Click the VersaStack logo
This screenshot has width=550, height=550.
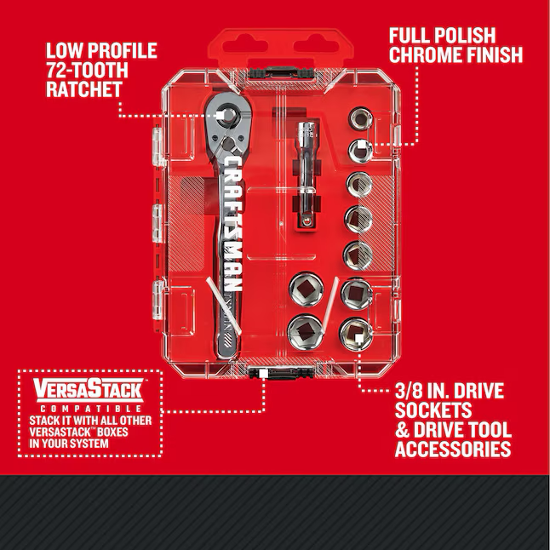(x=89, y=390)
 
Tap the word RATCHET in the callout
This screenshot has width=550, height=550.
(x=84, y=89)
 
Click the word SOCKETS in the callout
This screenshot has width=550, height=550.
(x=433, y=410)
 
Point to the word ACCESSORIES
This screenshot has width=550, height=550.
(x=453, y=449)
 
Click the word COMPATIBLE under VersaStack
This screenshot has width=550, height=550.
(x=91, y=409)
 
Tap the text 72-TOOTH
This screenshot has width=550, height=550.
(x=87, y=70)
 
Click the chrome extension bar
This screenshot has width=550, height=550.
(x=307, y=174)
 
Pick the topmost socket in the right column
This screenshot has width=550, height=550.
(x=360, y=118)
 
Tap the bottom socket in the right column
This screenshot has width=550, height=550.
(x=356, y=334)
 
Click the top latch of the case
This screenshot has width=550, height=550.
(x=281, y=73)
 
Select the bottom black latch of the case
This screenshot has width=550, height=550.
(x=281, y=373)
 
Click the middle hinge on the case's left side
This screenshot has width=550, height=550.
(x=158, y=223)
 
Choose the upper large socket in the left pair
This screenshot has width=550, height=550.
(x=307, y=289)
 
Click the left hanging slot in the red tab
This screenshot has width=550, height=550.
(x=245, y=46)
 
